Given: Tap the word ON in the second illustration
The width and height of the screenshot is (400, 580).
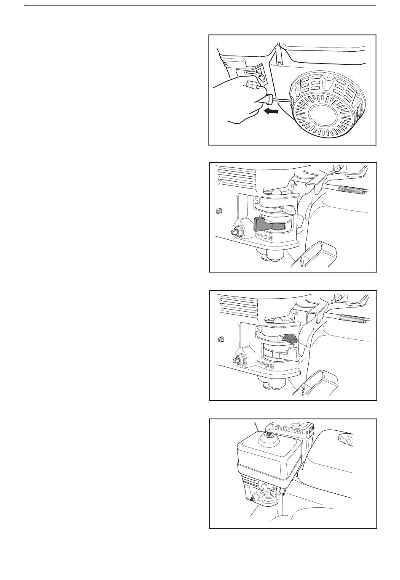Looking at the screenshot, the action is coord(268,238).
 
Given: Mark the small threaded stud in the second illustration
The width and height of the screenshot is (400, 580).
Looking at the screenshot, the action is coord(219,211).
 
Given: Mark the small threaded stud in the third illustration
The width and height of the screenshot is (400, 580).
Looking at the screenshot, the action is coord(220,339).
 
